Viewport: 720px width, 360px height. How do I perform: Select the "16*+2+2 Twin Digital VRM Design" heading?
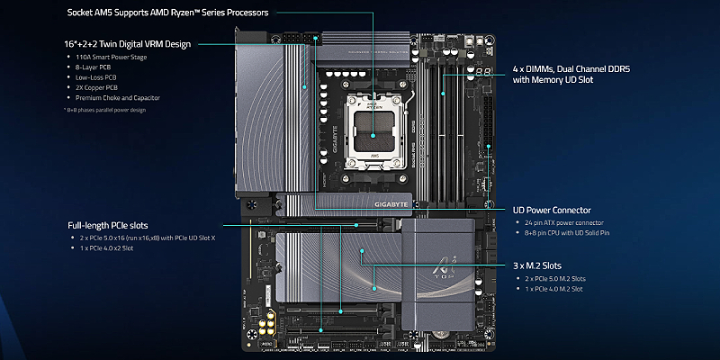click(x=128, y=42)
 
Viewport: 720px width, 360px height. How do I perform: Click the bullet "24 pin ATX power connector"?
click(x=570, y=222)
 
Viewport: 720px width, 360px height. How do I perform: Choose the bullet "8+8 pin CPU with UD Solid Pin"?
click(x=574, y=232)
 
